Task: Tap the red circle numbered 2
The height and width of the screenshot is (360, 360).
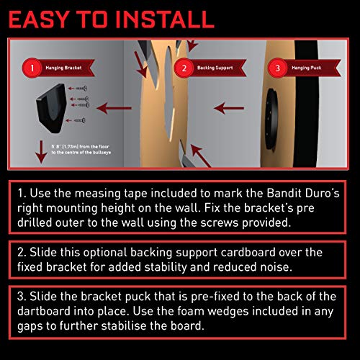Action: [183, 69]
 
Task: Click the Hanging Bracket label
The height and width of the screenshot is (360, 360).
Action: [69, 69]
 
